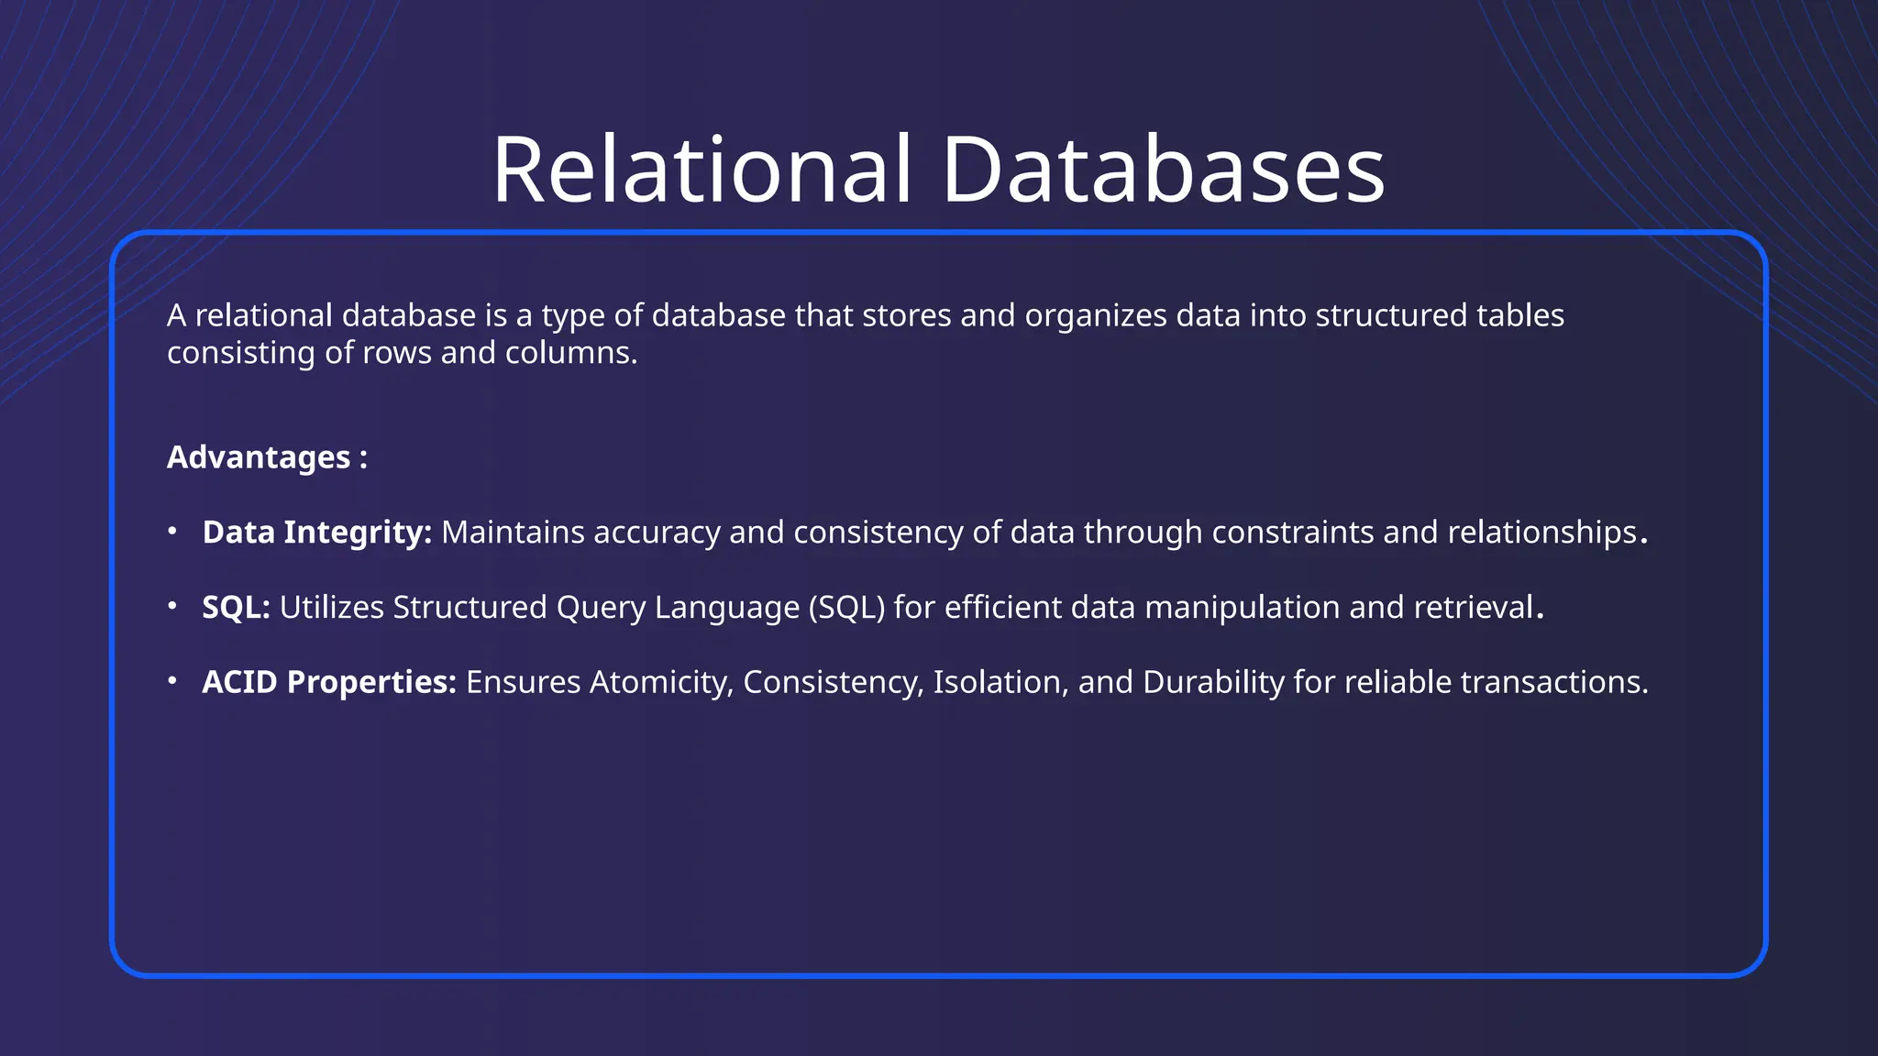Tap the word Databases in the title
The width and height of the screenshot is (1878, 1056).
(x=1163, y=170)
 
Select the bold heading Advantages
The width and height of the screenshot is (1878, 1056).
(x=259, y=457)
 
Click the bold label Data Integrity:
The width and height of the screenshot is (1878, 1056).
(x=317, y=533)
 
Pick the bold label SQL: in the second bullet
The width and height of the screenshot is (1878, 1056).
(x=236, y=608)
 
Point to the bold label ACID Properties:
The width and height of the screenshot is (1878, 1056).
(x=329, y=682)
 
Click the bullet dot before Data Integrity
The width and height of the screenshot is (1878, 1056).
(x=172, y=531)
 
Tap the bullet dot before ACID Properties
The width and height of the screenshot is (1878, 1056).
(x=172, y=681)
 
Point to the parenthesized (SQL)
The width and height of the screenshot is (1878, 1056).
(x=846, y=608)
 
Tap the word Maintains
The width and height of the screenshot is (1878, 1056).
(x=513, y=533)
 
